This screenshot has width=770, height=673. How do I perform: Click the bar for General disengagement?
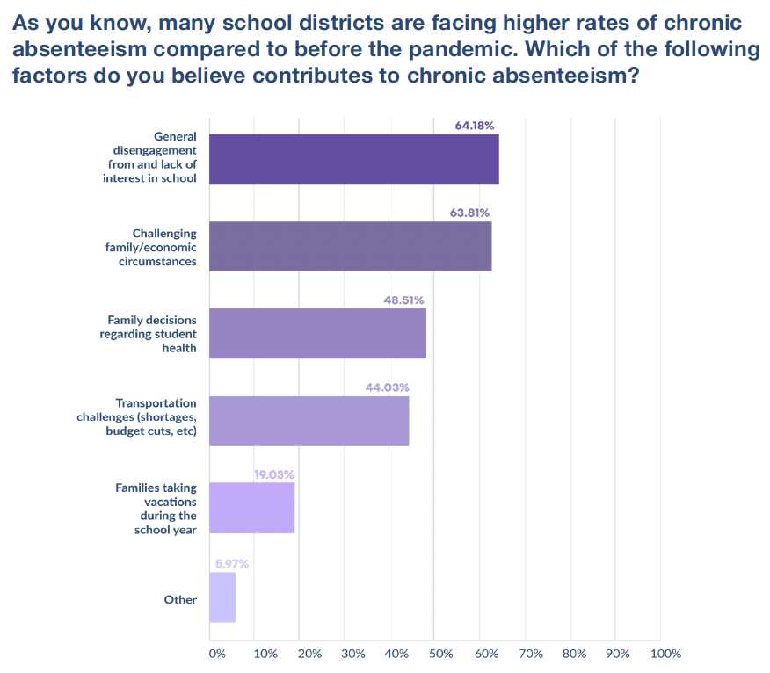point(353,159)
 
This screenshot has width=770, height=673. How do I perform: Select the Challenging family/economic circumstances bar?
point(350,246)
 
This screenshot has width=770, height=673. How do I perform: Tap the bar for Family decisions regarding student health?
point(317,333)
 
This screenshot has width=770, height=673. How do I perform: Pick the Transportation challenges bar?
point(309,421)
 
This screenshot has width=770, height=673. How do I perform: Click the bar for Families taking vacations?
point(251,508)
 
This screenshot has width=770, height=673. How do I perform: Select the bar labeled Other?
point(222,597)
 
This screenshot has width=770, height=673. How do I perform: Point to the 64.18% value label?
point(474,126)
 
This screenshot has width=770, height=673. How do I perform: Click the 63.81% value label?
point(469,213)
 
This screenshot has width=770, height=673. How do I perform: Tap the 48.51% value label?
point(403,300)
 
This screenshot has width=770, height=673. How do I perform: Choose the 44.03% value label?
point(388,387)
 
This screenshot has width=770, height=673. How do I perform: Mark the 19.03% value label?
point(273,474)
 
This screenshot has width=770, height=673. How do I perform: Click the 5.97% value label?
point(231,564)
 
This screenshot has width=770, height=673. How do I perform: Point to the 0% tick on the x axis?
point(216,654)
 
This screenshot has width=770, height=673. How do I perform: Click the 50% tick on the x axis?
point(440,654)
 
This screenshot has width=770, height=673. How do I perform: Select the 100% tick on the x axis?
point(665,654)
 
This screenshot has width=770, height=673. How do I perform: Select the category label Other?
point(180,599)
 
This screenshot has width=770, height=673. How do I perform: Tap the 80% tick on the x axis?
point(574,654)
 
